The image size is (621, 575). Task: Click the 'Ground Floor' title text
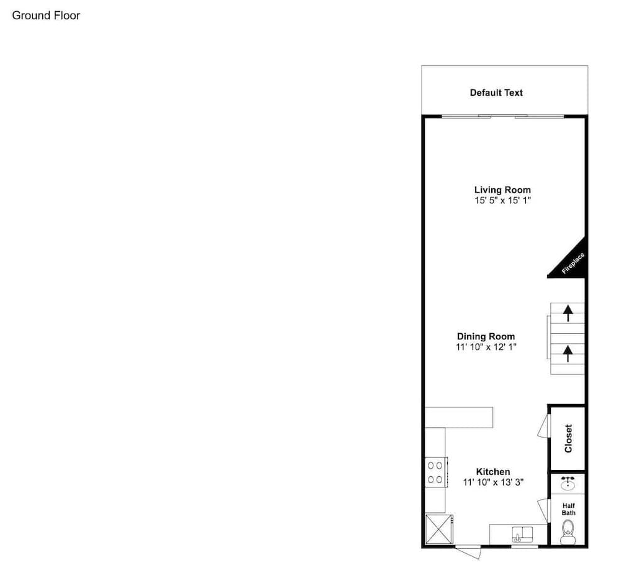click(x=46, y=16)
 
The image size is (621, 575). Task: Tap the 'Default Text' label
click(x=496, y=93)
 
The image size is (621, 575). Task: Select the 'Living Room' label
click(x=502, y=190)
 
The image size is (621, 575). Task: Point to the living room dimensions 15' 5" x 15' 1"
click(x=502, y=201)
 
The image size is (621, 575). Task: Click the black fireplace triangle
click(x=571, y=260)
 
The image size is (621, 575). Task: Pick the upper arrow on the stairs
click(x=567, y=312)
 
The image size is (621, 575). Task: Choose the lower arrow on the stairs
click(x=567, y=354)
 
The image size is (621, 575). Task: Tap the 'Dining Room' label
click(x=486, y=336)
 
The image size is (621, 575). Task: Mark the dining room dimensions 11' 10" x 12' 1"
click(x=486, y=347)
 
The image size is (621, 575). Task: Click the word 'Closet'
click(x=568, y=438)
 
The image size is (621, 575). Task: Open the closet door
click(x=544, y=427)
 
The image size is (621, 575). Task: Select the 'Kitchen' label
click(x=493, y=472)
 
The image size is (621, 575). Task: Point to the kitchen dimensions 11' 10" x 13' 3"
click(x=493, y=482)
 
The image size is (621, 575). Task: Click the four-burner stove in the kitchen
click(x=435, y=471)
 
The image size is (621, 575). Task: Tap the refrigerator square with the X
click(x=438, y=530)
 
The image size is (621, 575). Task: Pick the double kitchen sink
click(x=519, y=533)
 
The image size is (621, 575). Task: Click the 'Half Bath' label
click(x=568, y=509)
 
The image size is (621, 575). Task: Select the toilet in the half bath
click(x=568, y=531)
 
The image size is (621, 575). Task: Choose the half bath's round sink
click(x=568, y=482)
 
